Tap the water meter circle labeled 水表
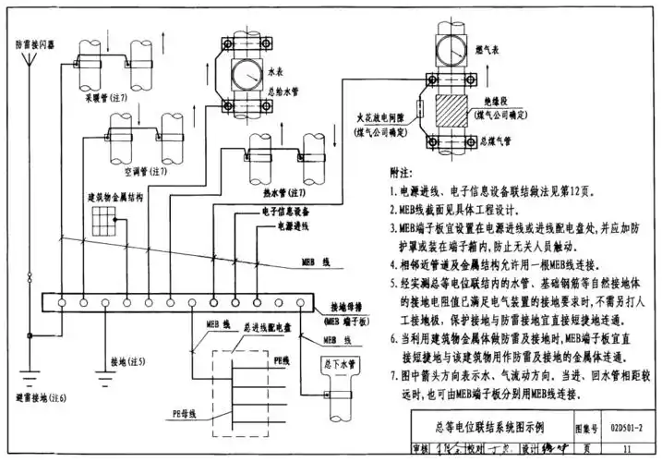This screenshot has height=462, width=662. pos(241,74)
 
